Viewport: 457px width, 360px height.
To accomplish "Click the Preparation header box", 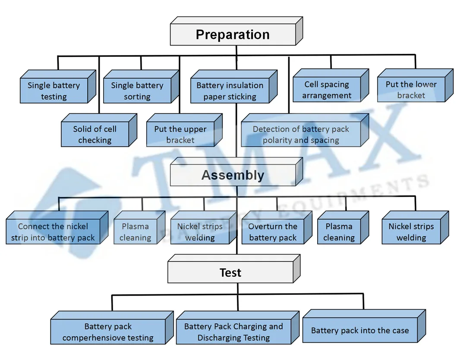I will [x=233, y=35].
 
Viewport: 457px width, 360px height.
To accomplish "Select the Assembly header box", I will [x=233, y=175].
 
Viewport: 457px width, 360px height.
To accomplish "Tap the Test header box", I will [x=230, y=273].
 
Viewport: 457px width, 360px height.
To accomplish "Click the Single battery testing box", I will [x=54, y=91].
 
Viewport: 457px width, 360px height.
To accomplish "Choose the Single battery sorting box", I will [x=137, y=91].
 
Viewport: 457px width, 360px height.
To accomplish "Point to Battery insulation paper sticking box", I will [x=230, y=91].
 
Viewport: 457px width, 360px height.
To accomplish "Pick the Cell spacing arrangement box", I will [x=327, y=90].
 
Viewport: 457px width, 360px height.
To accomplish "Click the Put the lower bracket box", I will [x=411, y=90].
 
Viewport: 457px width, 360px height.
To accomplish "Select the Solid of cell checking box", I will [x=95, y=135].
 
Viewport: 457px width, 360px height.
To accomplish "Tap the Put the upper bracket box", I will [x=180, y=135].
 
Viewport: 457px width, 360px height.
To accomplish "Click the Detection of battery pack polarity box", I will [x=301, y=135].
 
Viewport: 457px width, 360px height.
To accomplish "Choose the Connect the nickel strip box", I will [x=53, y=232].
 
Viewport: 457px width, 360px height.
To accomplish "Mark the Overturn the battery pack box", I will [x=273, y=232].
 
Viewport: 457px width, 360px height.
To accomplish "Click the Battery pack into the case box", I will [x=360, y=331].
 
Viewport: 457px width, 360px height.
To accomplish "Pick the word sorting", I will [x=137, y=97].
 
